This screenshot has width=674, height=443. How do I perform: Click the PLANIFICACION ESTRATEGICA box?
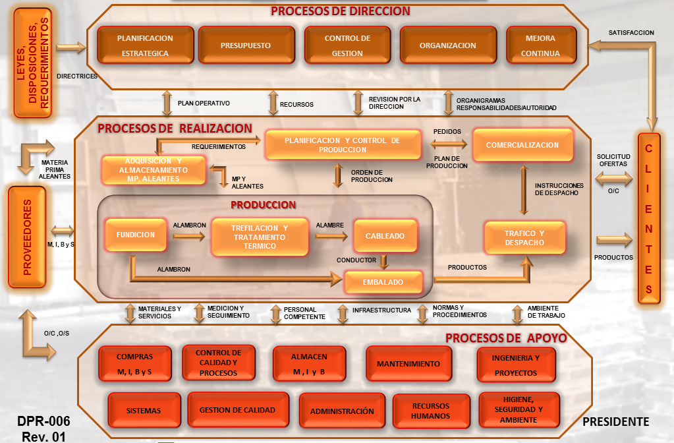point(145,45)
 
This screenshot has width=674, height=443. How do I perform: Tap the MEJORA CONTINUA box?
point(540,45)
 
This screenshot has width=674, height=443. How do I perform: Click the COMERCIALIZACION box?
point(522,145)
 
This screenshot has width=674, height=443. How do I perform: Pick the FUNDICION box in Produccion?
point(135,235)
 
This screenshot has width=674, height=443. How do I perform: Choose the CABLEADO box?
point(384,235)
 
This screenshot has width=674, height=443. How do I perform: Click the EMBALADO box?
point(383,281)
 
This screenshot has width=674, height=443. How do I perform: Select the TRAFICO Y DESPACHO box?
point(524,238)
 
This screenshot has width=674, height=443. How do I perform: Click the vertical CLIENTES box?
point(648,218)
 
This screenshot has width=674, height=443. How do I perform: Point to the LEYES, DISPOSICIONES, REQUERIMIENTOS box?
point(32,63)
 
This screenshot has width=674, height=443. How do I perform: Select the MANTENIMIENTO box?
point(408,364)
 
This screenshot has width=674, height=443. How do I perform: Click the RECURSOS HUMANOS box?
point(430,411)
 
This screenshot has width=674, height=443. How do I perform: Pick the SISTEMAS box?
point(144,411)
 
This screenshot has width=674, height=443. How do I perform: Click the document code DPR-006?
point(43,421)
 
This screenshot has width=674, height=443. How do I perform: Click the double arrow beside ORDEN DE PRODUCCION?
point(338,175)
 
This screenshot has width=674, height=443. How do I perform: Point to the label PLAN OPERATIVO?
point(204,103)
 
